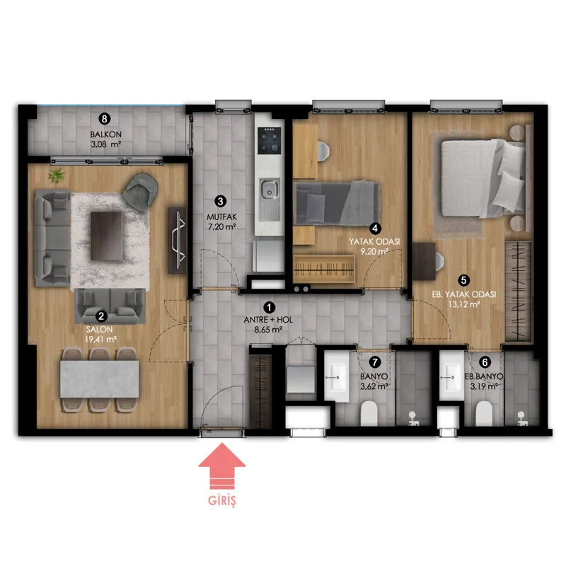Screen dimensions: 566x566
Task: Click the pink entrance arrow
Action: click(222, 466)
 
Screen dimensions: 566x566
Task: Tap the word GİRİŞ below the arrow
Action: click(222, 501)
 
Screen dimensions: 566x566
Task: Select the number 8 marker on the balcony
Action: click(105, 119)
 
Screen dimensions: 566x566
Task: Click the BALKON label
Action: click(105, 134)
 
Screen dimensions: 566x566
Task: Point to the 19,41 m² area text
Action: click(100, 340)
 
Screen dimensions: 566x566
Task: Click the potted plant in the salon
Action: click(57, 175)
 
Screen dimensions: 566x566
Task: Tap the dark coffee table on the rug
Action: click(107, 236)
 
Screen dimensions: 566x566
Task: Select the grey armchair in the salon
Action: click(141, 191)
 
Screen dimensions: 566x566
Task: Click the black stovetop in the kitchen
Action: click(270, 140)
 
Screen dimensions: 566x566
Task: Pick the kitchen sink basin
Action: click(270, 189)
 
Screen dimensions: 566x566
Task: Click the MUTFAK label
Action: click(221, 217)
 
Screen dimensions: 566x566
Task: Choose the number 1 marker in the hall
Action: click(269, 308)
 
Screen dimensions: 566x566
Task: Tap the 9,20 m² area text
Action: click(374, 252)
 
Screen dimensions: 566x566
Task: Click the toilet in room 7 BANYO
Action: click(369, 414)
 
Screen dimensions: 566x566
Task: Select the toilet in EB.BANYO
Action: click(484, 414)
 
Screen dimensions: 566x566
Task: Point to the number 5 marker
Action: click(464, 280)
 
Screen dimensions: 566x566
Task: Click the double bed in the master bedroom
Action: click(483, 178)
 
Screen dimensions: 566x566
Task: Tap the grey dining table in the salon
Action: click(99, 379)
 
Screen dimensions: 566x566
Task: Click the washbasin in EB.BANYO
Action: click(451, 376)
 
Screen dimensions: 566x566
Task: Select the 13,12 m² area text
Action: click(464, 304)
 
